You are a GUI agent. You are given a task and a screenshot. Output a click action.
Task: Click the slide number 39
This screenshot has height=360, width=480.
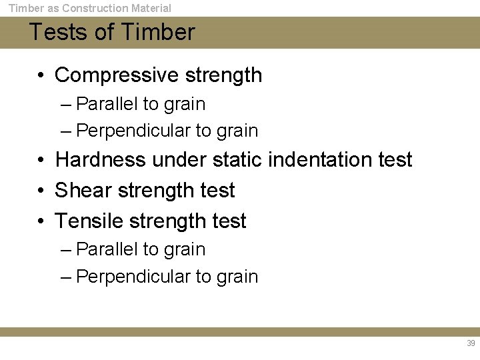[471, 343]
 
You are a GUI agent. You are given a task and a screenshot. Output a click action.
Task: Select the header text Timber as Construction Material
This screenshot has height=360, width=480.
[89, 8]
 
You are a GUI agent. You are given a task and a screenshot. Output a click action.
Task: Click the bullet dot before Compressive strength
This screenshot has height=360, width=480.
[41, 76]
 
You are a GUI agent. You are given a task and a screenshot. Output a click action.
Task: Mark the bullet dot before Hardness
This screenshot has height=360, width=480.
[41, 161]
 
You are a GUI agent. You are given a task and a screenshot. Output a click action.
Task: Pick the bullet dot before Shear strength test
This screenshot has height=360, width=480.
[41, 191]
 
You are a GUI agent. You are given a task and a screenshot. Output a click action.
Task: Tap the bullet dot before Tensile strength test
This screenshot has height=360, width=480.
[41, 221]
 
